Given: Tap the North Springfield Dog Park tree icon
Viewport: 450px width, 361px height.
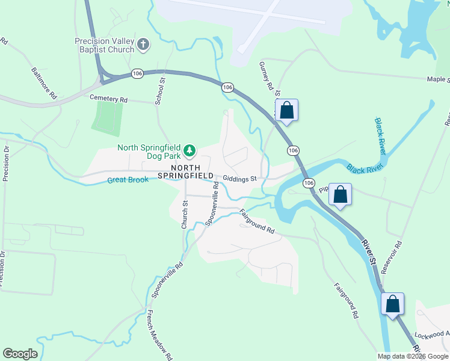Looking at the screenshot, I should point(190,149).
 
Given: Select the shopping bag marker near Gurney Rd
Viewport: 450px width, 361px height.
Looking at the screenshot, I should point(287,111).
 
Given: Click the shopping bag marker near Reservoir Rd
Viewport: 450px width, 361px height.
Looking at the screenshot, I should point(341,195).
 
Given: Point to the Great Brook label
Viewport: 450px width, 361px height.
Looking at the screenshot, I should point(128,180).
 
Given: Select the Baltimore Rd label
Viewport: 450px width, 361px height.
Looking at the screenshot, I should point(45,83).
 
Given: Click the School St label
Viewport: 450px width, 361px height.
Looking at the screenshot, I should point(160,91).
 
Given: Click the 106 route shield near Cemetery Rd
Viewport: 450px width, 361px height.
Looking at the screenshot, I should point(138,73).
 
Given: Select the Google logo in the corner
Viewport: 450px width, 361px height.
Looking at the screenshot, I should point(20,354).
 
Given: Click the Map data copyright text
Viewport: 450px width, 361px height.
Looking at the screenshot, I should point(413,356).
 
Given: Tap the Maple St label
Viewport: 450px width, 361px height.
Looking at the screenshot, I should point(437,79).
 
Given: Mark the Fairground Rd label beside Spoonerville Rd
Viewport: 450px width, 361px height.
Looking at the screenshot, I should point(257,221).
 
